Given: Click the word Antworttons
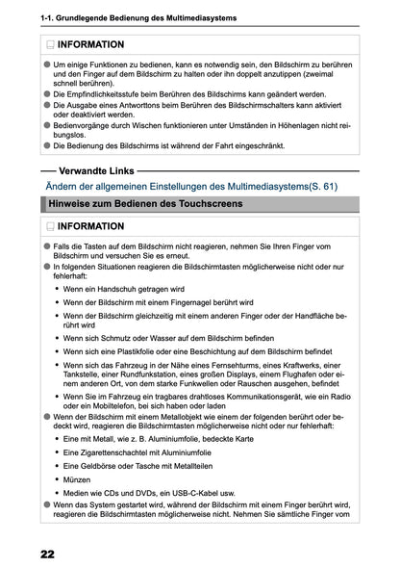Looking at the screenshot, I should [x=154, y=108].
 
